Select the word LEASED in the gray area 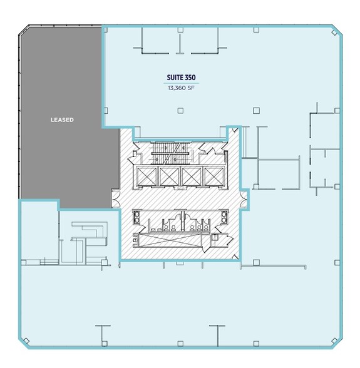click(x=63, y=119)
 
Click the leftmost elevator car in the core click(x=147, y=177)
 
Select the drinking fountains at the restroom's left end click(x=137, y=220)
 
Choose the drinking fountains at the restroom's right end click(x=224, y=220)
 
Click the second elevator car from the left click(x=170, y=177)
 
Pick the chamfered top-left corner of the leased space click(x=23, y=31)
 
